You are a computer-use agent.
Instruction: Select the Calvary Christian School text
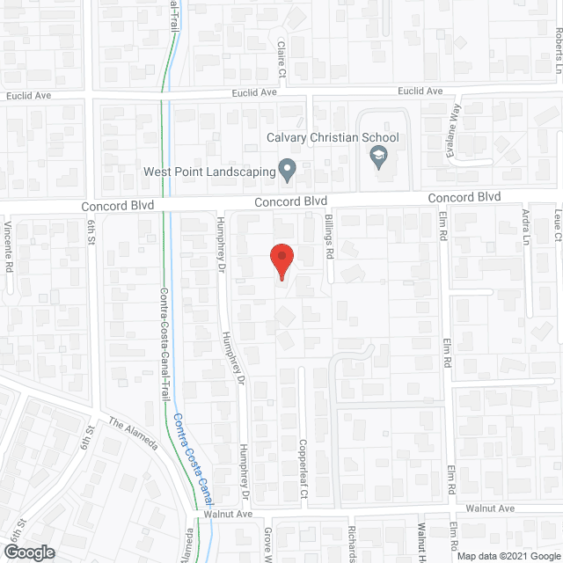[333, 137]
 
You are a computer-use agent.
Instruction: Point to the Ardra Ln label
[526, 227]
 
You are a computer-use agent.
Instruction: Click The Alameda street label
[133, 433]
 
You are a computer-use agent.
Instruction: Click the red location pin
[281, 261]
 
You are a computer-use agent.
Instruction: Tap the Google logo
[29, 552]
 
